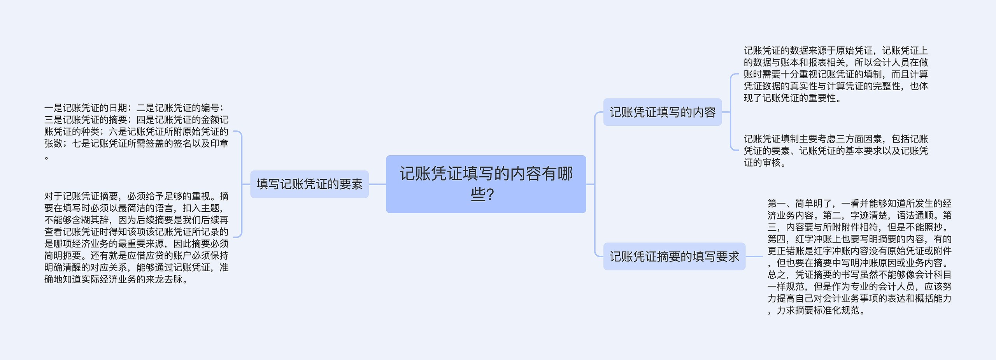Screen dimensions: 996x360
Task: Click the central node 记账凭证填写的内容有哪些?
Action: tap(486, 184)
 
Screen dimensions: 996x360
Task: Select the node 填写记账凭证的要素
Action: tap(309, 184)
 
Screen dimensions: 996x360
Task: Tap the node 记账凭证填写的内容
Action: tap(662, 112)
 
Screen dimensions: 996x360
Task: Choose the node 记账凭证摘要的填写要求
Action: tap(674, 256)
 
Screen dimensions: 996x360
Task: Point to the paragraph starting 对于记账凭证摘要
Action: tap(136, 237)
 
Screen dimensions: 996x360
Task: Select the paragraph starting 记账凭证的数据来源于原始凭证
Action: tap(836, 74)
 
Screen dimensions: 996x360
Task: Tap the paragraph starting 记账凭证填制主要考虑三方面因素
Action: tap(836, 151)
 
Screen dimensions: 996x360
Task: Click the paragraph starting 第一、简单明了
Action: tap(859, 256)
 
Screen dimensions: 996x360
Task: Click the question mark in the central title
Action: tap(490, 194)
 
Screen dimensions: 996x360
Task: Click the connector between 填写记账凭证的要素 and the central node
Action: tap(377, 184)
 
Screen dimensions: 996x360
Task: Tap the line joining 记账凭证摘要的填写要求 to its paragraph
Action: tap(754, 256)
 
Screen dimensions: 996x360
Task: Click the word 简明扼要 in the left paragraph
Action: tap(63, 256)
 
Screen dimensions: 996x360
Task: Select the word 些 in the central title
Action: tap(477, 194)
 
